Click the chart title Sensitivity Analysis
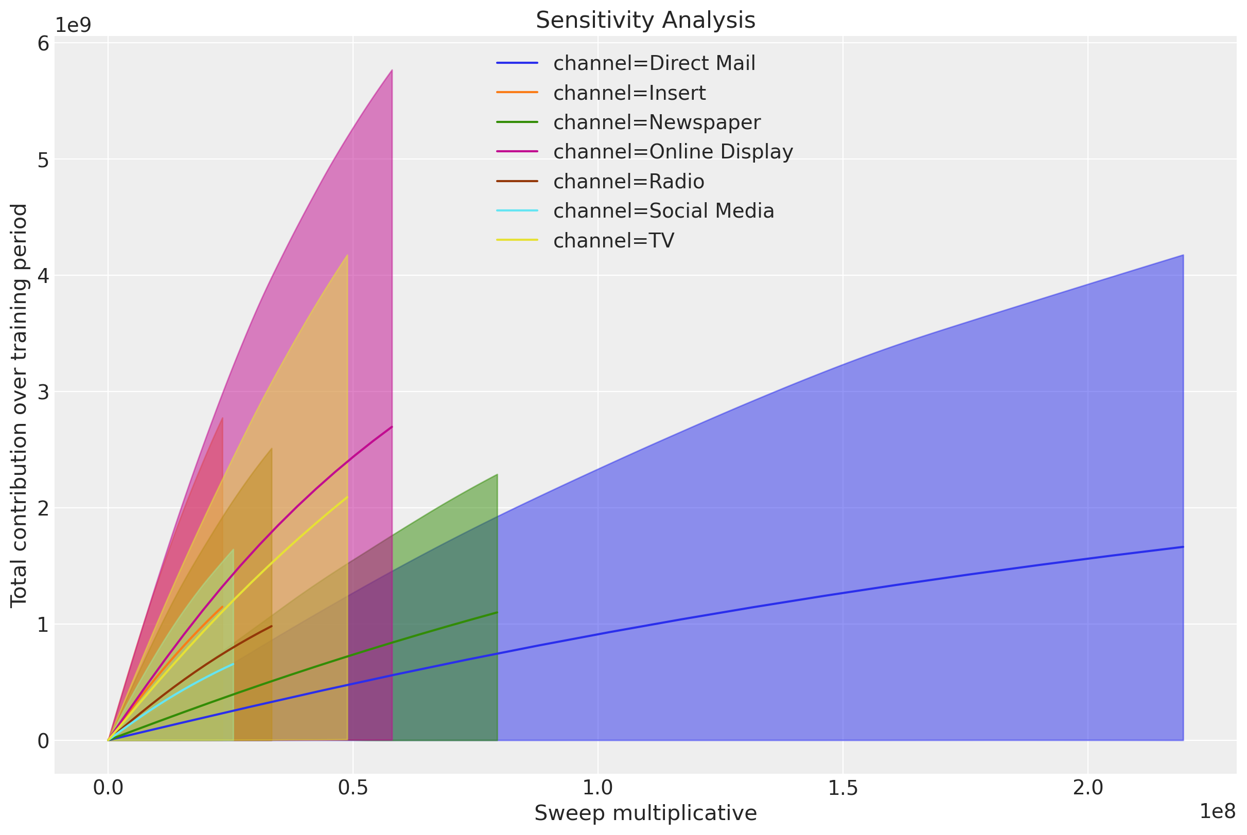645,20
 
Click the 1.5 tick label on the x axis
842,788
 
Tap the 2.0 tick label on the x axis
1088,788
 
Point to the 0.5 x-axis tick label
353,788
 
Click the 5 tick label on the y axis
43,159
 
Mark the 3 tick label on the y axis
43,392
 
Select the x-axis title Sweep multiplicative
645,813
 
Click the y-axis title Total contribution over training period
19,405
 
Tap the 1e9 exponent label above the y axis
73,25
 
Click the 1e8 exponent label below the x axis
1217,811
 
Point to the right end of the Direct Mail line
1183,547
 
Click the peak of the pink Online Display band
392,70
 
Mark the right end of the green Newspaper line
497,612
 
